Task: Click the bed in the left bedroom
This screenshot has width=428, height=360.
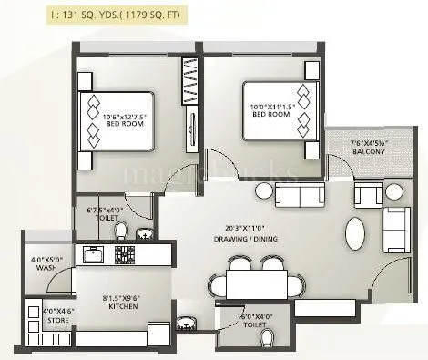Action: tap(114, 122)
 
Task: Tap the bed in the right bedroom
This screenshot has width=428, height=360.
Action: tap(280, 110)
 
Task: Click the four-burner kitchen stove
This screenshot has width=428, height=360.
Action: tap(124, 254)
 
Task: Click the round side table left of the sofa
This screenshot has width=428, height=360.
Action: tap(263, 192)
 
